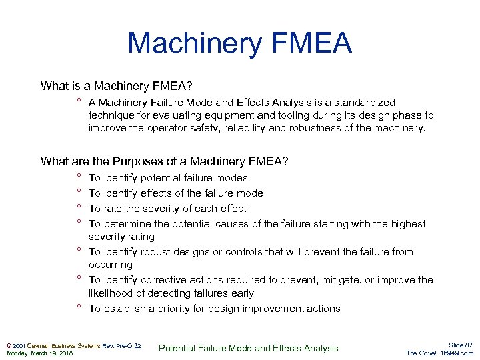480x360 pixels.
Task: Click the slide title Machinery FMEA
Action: [239, 43]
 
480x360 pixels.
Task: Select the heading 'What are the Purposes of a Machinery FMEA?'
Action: [164, 161]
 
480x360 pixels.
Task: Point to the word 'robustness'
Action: [317, 128]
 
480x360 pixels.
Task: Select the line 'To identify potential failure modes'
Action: [168, 178]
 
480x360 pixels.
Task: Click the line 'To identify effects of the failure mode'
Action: [175, 193]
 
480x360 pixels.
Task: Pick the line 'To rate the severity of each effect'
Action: [167, 209]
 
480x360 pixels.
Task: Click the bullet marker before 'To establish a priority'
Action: [79, 307]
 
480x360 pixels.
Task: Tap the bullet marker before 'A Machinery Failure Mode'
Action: [79, 101]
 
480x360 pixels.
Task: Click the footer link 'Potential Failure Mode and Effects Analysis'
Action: [249, 348]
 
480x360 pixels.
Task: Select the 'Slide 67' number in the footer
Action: [461, 345]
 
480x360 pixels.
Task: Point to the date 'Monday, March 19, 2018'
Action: [39, 353]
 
